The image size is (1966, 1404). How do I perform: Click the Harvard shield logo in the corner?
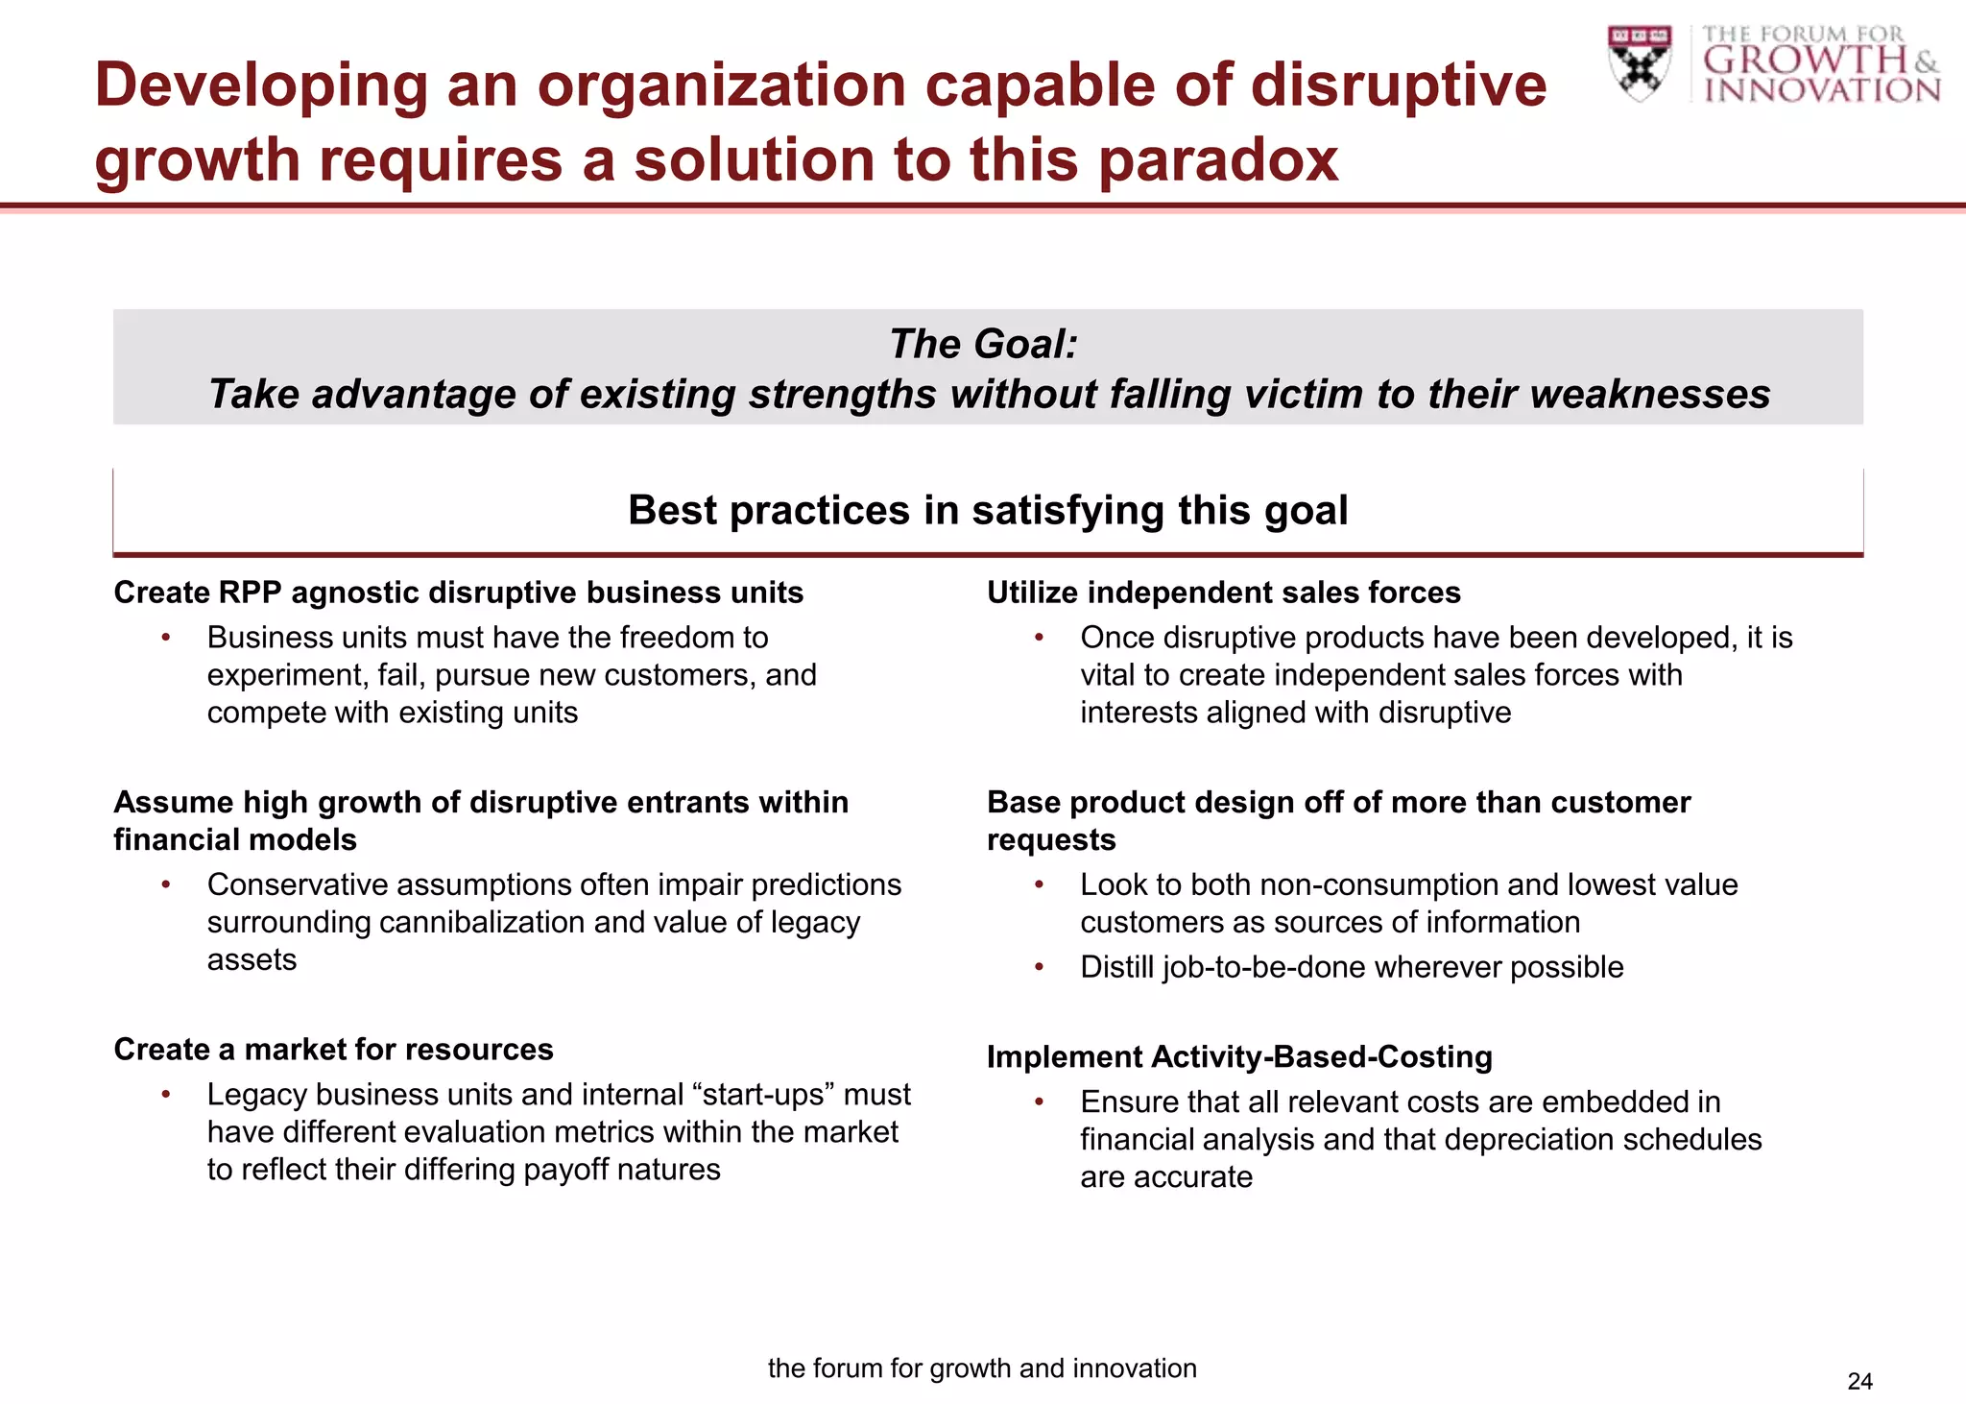click(x=1639, y=63)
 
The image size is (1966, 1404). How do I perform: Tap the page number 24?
click(x=1859, y=1381)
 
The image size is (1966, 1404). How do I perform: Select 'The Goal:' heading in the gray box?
click(x=983, y=344)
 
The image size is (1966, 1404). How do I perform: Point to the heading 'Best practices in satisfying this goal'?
click(x=988, y=510)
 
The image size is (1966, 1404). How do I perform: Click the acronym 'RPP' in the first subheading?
click(x=250, y=593)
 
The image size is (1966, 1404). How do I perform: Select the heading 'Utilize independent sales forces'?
click(x=1224, y=593)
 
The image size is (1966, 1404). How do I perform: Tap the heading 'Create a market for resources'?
click(x=333, y=1049)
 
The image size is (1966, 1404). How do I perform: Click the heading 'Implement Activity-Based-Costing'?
click(x=1239, y=1056)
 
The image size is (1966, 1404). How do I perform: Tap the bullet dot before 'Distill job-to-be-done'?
click(x=1039, y=967)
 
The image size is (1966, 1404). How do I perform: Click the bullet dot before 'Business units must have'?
click(x=166, y=638)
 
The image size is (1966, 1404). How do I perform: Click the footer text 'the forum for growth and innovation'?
click(x=982, y=1368)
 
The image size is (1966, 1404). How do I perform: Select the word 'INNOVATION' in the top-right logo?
click(x=1822, y=90)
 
